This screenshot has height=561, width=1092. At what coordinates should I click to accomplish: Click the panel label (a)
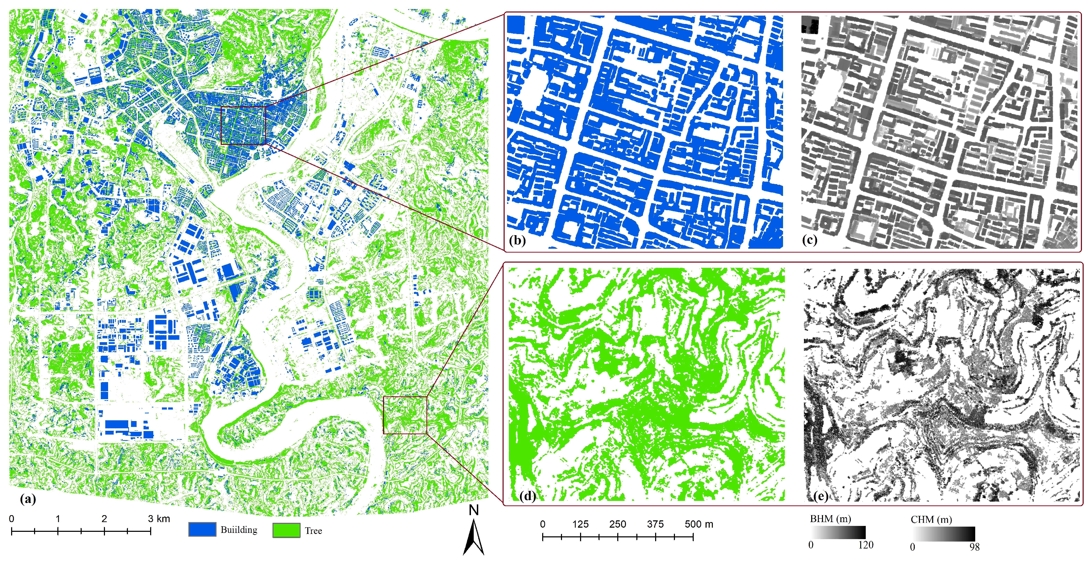28,499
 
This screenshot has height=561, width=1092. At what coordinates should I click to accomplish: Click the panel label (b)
518,240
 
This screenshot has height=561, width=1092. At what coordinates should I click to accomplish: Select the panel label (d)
527,495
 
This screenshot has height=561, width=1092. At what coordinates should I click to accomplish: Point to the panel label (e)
820,495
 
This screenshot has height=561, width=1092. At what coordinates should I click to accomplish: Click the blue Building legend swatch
202,529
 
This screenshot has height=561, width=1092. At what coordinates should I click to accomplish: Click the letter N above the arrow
473,510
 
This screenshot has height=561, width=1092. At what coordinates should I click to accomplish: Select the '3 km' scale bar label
159,519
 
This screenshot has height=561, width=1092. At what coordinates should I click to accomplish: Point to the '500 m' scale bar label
699,524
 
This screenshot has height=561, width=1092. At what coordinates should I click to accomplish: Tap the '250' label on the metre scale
618,524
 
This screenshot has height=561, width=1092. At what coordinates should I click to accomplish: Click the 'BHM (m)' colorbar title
830,519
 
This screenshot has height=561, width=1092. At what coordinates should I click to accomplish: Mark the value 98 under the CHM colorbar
974,547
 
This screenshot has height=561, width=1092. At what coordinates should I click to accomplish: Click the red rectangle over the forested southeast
405,397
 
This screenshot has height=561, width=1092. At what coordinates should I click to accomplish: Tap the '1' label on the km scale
58,519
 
